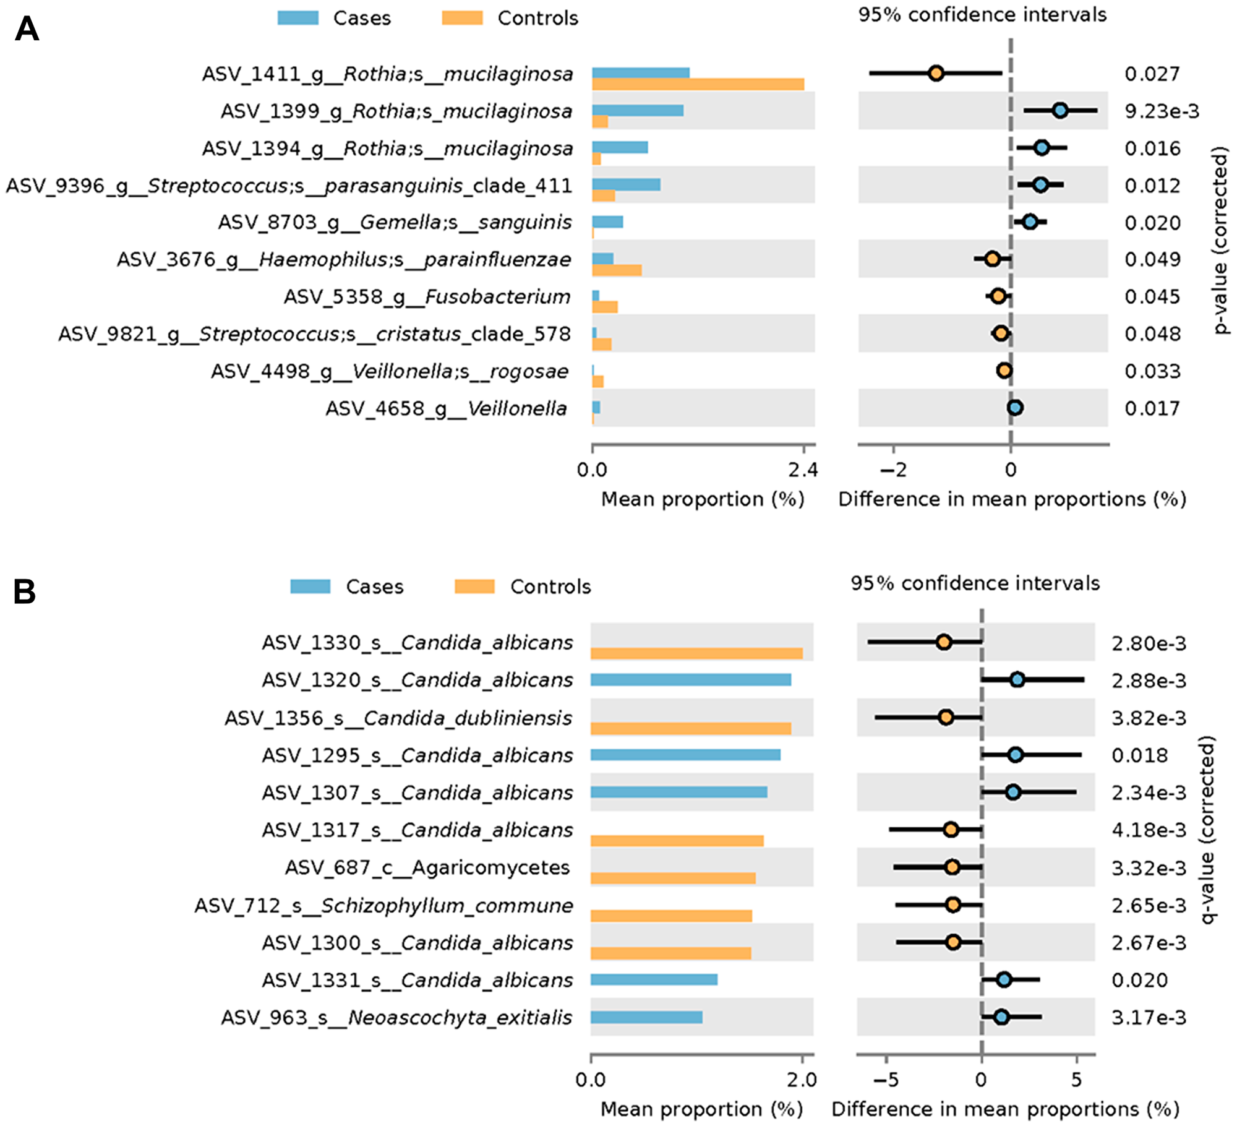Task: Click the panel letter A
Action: (x=27, y=29)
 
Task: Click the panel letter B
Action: (x=24, y=591)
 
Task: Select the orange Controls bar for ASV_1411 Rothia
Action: (x=698, y=84)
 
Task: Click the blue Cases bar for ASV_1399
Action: (x=637, y=110)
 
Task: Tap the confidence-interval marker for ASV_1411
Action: (x=936, y=73)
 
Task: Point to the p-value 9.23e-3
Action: (x=1161, y=111)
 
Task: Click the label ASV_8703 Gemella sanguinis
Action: (x=395, y=222)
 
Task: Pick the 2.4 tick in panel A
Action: (x=803, y=470)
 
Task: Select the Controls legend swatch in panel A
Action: (x=462, y=18)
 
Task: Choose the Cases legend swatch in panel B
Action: (x=310, y=586)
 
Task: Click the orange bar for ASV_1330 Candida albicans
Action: (x=696, y=653)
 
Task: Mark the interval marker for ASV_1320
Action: (x=1017, y=680)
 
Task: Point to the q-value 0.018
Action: (x=1139, y=755)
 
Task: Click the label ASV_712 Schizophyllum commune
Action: (x=383, y=906)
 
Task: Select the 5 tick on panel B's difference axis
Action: (x=1076, y=1080)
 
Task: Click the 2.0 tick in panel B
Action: (x=802, y=1080)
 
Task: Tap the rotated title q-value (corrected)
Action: (x=1207, y=829)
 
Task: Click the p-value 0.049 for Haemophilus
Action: (x=1152, y=259)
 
